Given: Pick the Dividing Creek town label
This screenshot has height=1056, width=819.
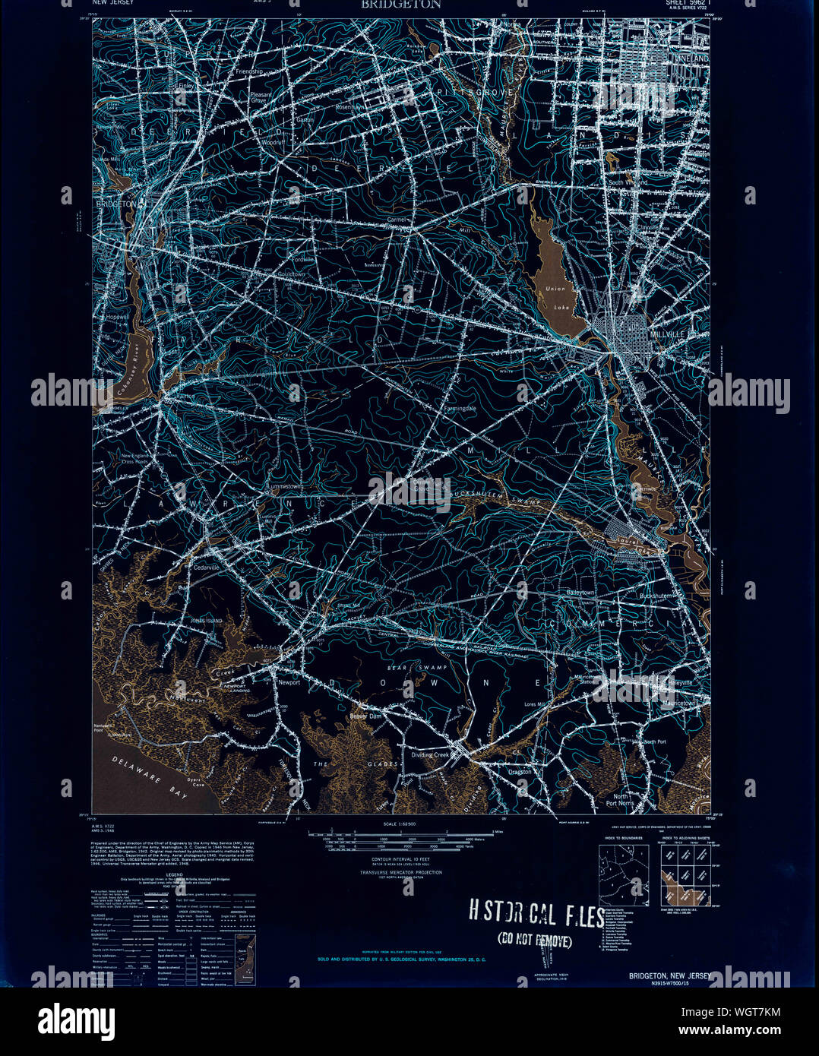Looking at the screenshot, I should [x=431, y=754].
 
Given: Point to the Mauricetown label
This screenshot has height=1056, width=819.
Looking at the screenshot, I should [x=667, y=703].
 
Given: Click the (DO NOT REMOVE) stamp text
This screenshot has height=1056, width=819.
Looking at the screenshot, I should [x=535, y=941].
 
